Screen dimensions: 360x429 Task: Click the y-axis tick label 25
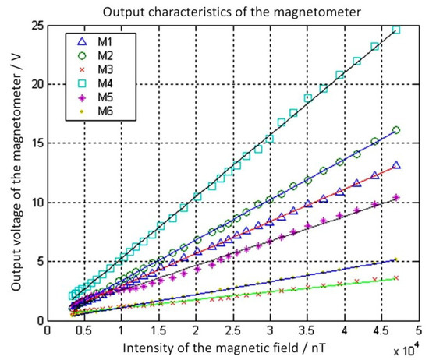tap(36, 25)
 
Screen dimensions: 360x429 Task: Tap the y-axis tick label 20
tap(36, 84)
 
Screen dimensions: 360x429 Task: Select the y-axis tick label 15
tap(36, 143)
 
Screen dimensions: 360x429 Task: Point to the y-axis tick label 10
tap(36, 203)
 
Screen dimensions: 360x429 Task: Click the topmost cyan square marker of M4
tap(395, 30)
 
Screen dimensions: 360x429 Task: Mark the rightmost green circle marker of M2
tap(396, 130)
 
